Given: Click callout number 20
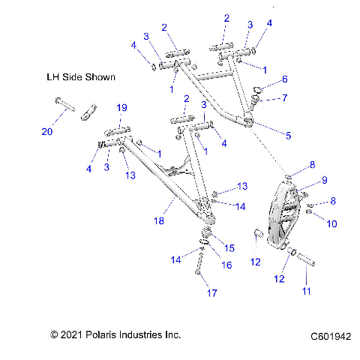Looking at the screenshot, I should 47,132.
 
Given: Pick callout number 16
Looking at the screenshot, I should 226,265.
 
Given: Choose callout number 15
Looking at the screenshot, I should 229,247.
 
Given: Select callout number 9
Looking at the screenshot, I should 324,180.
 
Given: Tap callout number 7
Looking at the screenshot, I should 284,97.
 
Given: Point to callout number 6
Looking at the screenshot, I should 284,79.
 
